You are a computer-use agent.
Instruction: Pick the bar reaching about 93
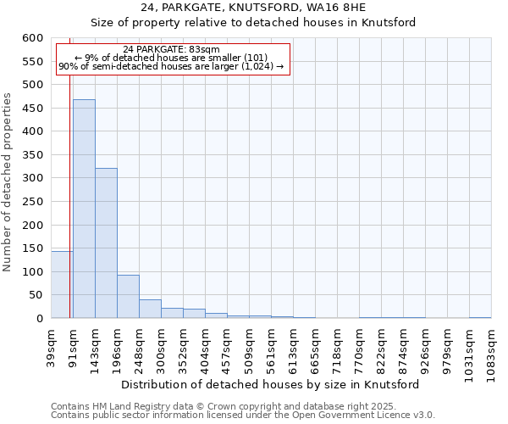pos(128,297)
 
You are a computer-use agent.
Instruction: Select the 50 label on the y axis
pos(36,295)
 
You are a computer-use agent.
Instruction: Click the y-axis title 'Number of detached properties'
pos(8,182)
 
